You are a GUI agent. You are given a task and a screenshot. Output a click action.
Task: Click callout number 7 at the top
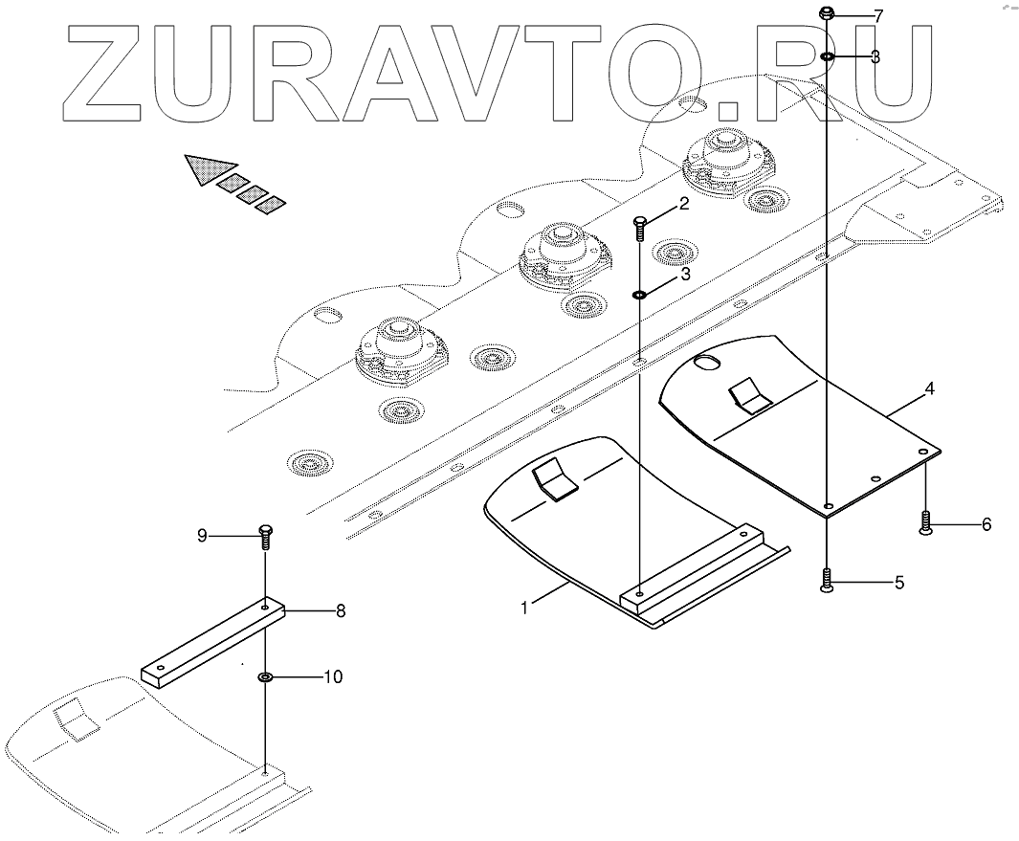(878, 15)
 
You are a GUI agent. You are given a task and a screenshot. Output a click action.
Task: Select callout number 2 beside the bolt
(684, 204)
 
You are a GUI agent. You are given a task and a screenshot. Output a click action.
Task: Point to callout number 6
(986, 523)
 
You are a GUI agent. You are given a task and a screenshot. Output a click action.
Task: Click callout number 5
(898, 582)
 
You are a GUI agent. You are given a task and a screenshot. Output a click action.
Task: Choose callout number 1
(524, 607)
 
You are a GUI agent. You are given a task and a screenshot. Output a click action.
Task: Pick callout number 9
(202, 535)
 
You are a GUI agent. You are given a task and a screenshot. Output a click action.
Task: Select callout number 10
(332, 676)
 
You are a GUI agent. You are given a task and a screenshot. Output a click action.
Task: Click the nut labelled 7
(828, 13)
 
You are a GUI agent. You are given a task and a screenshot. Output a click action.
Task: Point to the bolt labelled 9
(265, 537)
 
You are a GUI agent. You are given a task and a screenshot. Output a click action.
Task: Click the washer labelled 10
(266, 677)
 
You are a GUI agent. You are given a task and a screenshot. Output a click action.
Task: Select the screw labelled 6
(925, 522)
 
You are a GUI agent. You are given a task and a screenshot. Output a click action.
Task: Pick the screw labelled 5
(827, 581)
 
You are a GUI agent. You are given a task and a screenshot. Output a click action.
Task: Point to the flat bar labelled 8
(212, 641)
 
